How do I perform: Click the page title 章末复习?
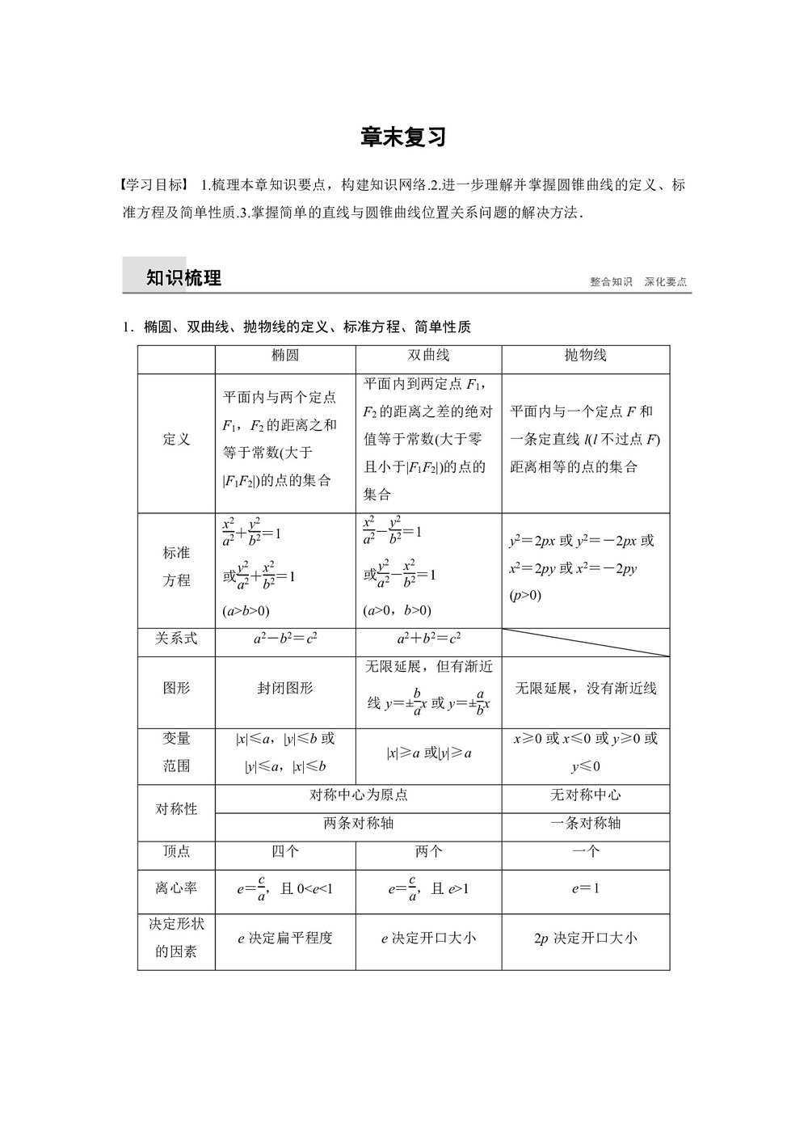coord(403,137)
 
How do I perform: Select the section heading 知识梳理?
coord(183,278)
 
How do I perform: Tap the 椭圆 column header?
coord(285,355)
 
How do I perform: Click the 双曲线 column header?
coord(428,355)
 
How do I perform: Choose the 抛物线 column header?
coord(585,355)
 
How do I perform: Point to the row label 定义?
coord(176,439)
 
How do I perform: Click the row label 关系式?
coord(176,638)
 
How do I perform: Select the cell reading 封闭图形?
coord(285,688)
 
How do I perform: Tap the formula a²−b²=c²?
coord(285,638)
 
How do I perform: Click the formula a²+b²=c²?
coord(428,638)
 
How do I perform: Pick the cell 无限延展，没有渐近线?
coord(585,688)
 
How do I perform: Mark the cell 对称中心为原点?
coord(359,795)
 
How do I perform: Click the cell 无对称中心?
coord(585,795)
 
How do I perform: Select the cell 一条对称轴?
coord(585,823)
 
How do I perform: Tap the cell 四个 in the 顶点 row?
coord(285,851)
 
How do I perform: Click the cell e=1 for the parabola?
coord(585,888)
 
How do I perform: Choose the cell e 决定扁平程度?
coord(285,938)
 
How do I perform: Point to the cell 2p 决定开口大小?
coord(585,938)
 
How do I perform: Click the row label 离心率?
coord(176,888)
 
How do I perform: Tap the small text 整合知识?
coord(611,282)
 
